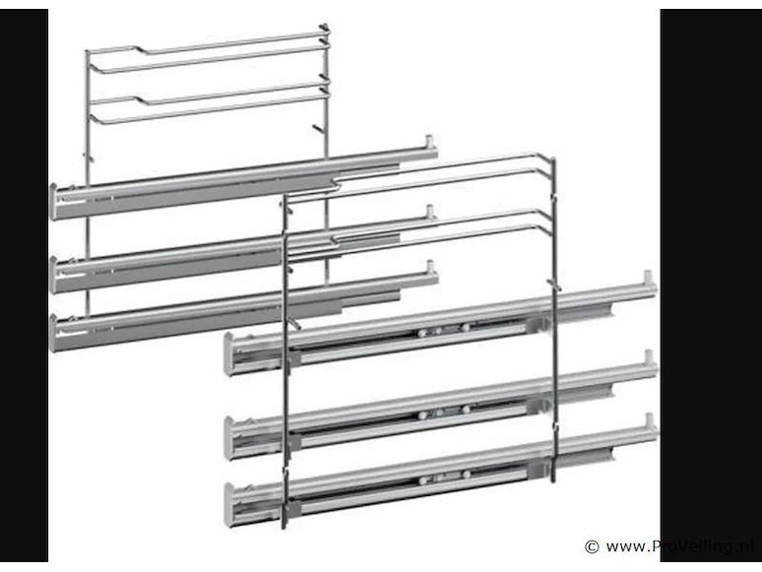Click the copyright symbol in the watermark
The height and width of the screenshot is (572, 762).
(x=592, y=546)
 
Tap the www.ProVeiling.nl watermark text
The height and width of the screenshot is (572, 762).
(x=680, y=546)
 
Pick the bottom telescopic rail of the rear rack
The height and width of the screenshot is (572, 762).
(x=244, y=307)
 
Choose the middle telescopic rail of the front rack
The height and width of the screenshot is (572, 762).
(x=441, y=405)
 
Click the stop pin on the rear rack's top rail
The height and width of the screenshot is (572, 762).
(x=429, y=142)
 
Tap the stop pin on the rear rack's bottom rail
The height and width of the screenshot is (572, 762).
(x=430, y=267)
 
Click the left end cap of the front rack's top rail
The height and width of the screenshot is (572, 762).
(x=228, y=353)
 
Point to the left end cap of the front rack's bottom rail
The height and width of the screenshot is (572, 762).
(x=228, y=505)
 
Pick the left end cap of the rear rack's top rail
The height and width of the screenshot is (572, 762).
(x=53, y=202)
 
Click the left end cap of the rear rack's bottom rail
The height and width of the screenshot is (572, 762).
(x=53, y=333)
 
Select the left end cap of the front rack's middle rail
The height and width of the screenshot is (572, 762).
(x=228, y=438)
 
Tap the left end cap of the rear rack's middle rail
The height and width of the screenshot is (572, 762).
(x=53, y=275)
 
